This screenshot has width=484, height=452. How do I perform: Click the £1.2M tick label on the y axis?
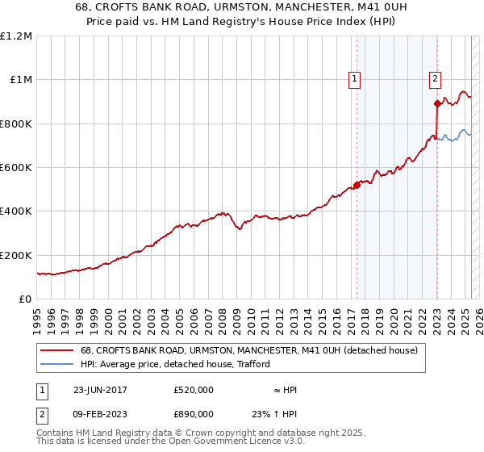pyautogui.click(x=16, y=36)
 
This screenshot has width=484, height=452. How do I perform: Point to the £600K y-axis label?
pyautogui.click(x=16, y=168)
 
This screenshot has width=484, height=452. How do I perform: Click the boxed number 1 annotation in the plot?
pyautogui.click(x=355, y=78)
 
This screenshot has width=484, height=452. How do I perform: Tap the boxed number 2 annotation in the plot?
pyautogui.click(x=435, y=78)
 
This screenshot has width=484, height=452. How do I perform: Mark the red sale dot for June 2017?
pyautogui.click(x=357, y=185)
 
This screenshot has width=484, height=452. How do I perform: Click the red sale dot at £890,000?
pyautogui.click(x=437, y=103)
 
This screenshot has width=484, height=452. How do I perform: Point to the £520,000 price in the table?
pyautogui.click(x=194, y=390)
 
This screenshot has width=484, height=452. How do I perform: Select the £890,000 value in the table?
pyautogui.click(x=194, y=414)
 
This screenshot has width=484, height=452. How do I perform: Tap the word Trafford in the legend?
pyautogui.click(x=251, y=365)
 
